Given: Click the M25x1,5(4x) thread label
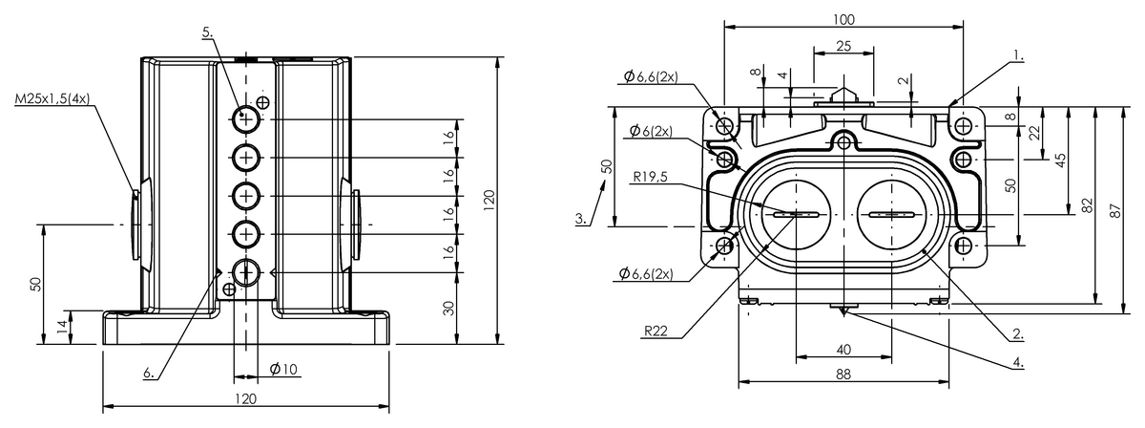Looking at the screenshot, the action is [52, 98].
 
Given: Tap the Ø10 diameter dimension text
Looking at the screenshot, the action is [283, 369].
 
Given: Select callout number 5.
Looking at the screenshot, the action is [208, 32].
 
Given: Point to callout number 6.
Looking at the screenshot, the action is [149, 374].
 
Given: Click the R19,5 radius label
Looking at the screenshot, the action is [650, 177].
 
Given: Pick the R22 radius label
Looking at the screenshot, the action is [656, 332].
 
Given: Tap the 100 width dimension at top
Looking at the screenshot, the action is [843, 19].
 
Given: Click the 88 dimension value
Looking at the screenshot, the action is [843, 374].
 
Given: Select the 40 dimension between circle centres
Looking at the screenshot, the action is [843, 350].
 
